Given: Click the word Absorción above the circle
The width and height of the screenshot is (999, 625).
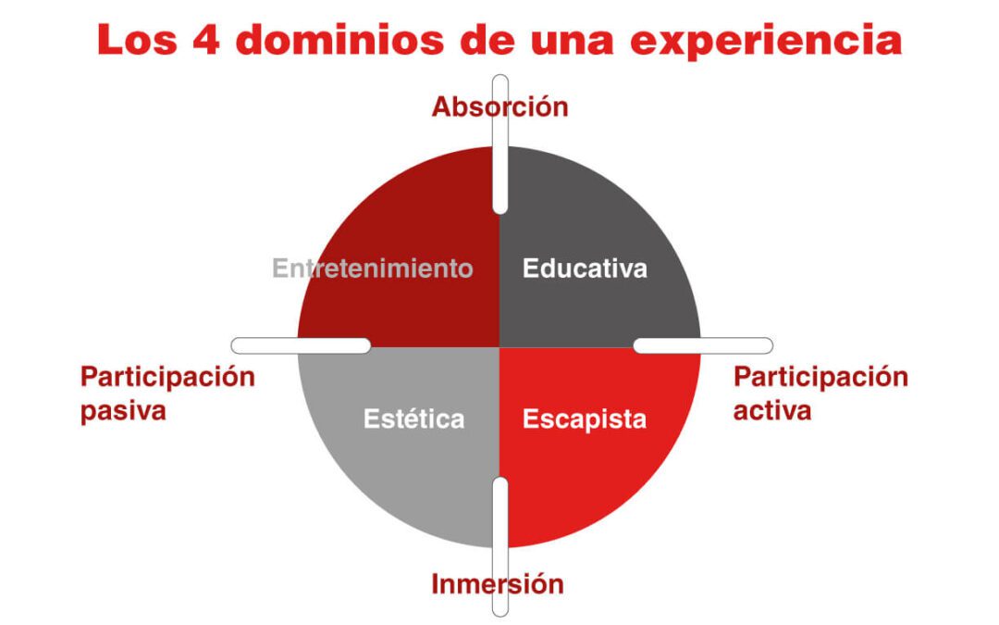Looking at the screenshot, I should [x=499, y=107].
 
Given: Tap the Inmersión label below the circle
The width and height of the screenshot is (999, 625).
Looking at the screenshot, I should [x=498, y=584].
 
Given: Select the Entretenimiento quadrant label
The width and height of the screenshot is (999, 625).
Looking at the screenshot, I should [x=373, y=269].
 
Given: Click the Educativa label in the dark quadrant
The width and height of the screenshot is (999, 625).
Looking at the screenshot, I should [x=585, y=269].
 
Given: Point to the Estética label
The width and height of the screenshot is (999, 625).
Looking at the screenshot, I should [x=413, y=419].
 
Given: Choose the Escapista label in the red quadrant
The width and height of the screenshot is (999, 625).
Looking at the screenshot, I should [x=585, y=419].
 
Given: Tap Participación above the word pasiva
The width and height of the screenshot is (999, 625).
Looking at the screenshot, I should [x=167, y=378].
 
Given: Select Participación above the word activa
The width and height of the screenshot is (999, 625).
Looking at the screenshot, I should [x=820, y=378].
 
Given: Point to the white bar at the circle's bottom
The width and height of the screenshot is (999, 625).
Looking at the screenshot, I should [x=499, y=546].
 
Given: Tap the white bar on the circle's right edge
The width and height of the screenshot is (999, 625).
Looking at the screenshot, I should [x=703, y=345].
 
